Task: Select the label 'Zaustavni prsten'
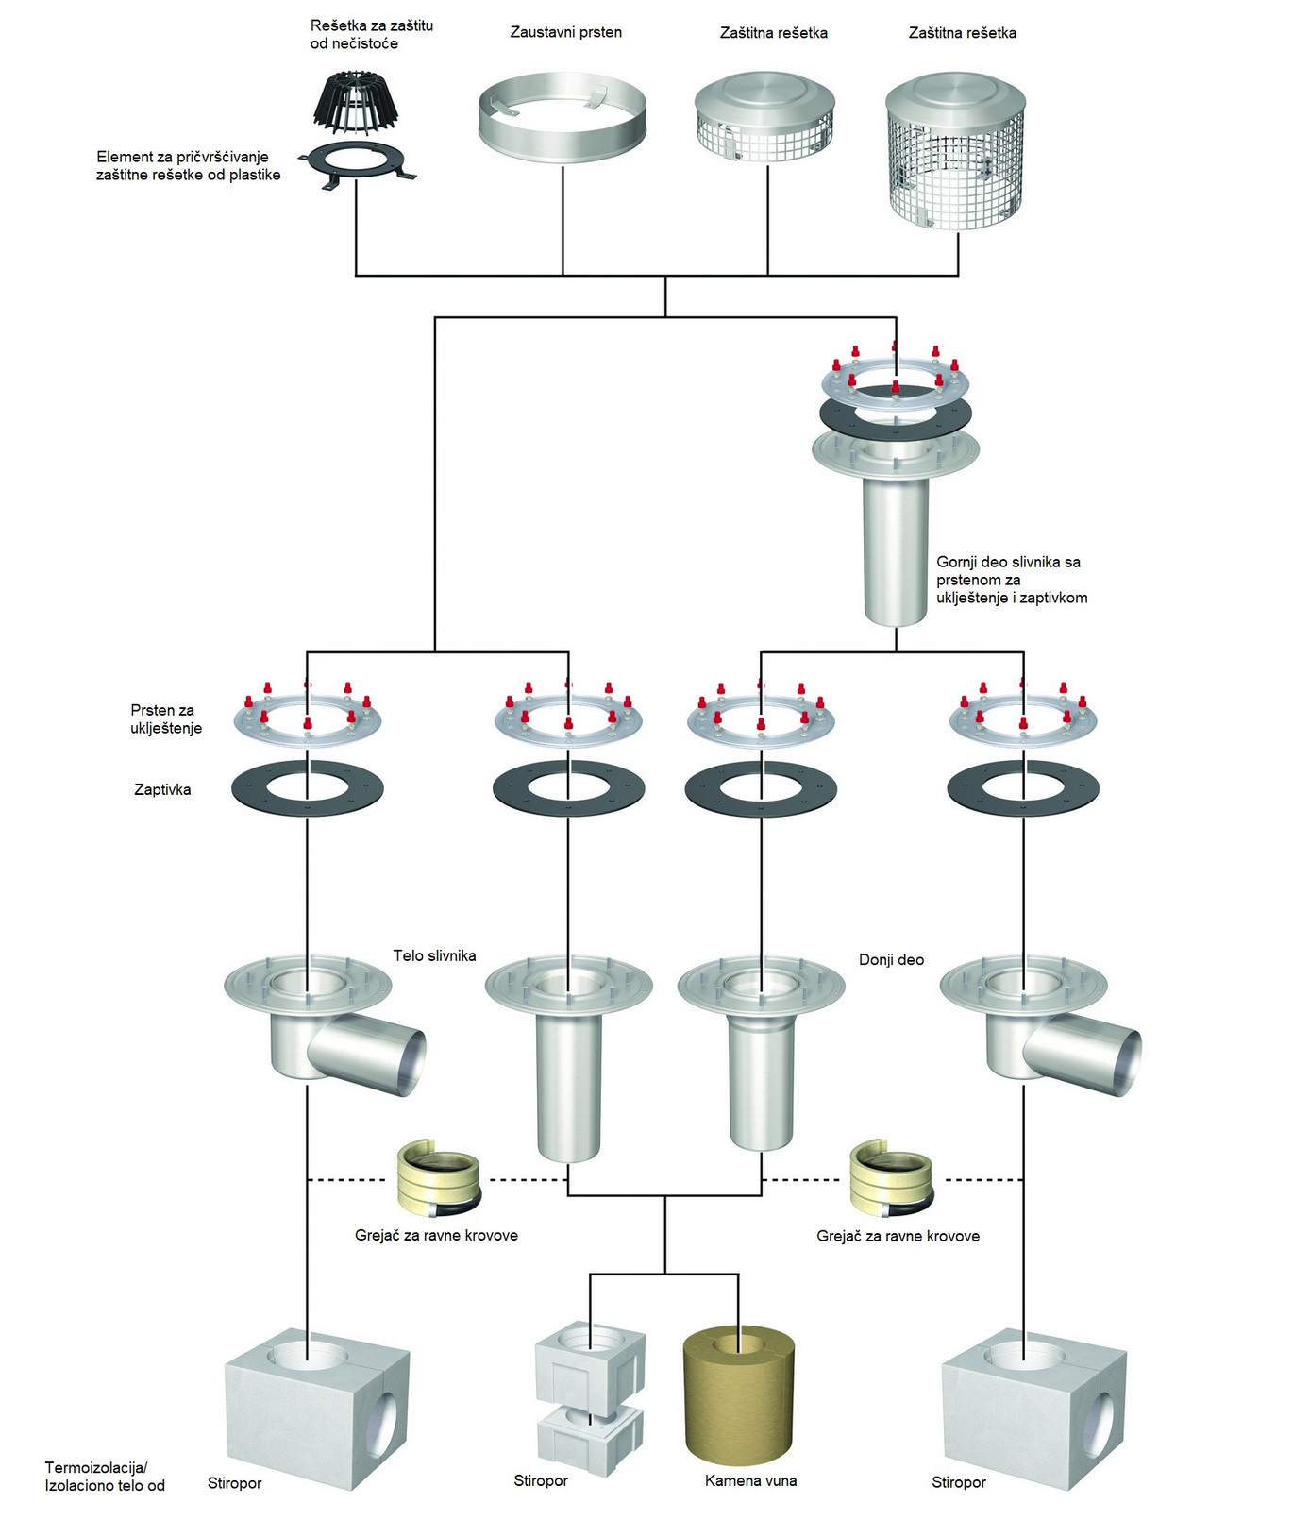pyautogui.click(x=565, y=33)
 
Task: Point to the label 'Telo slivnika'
pyautogui.click(x=434, y=956)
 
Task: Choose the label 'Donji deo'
pyautogui.click(x=891, y=960)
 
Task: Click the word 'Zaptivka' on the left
pyautogui.click(x=162, y=790)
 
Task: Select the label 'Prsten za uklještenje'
pyautogui.click(x=166, y=718)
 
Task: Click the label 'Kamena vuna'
pyautogui.click(x=750, y=1481)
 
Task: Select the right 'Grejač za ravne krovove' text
pyautogui.click(x=898, y=1237)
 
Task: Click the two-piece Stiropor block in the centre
pyautogui.click(x=591, y=1397)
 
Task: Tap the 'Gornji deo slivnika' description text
pyautogui.click(x=1011, y=580)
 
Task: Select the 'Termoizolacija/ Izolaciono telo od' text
pyautogui.click(x=105, y=1478)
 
